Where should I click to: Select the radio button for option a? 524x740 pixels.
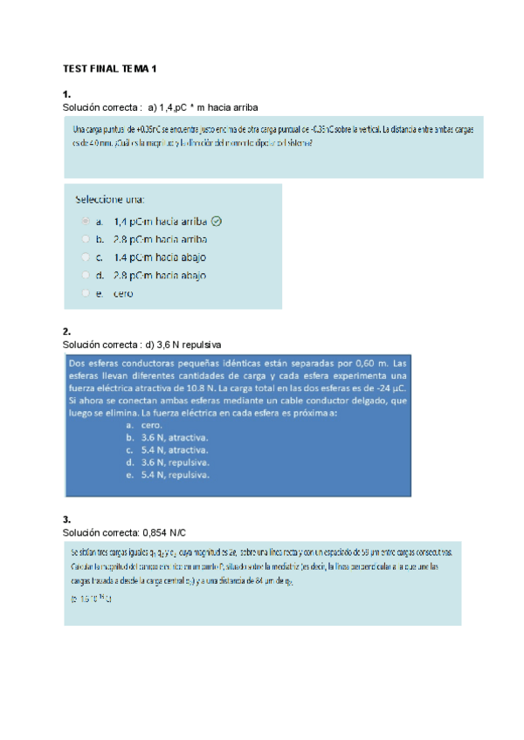tap(85, 222)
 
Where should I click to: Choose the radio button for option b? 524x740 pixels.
tap(85, 239)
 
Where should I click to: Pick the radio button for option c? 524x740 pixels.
tap(85, 257)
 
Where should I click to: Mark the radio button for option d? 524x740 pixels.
tap(85, 276)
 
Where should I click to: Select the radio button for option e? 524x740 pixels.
tap(85, 294)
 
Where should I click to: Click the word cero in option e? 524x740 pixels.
tap(123, 294)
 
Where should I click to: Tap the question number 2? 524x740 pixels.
tap(66, 332)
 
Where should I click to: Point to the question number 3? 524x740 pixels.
tap(66, 519)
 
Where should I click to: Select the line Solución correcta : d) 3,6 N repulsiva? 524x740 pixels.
tap(141, 344)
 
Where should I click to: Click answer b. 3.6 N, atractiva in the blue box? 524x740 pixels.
tap(167, 437)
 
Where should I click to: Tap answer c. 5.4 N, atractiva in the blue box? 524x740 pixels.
tap(167, 450)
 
